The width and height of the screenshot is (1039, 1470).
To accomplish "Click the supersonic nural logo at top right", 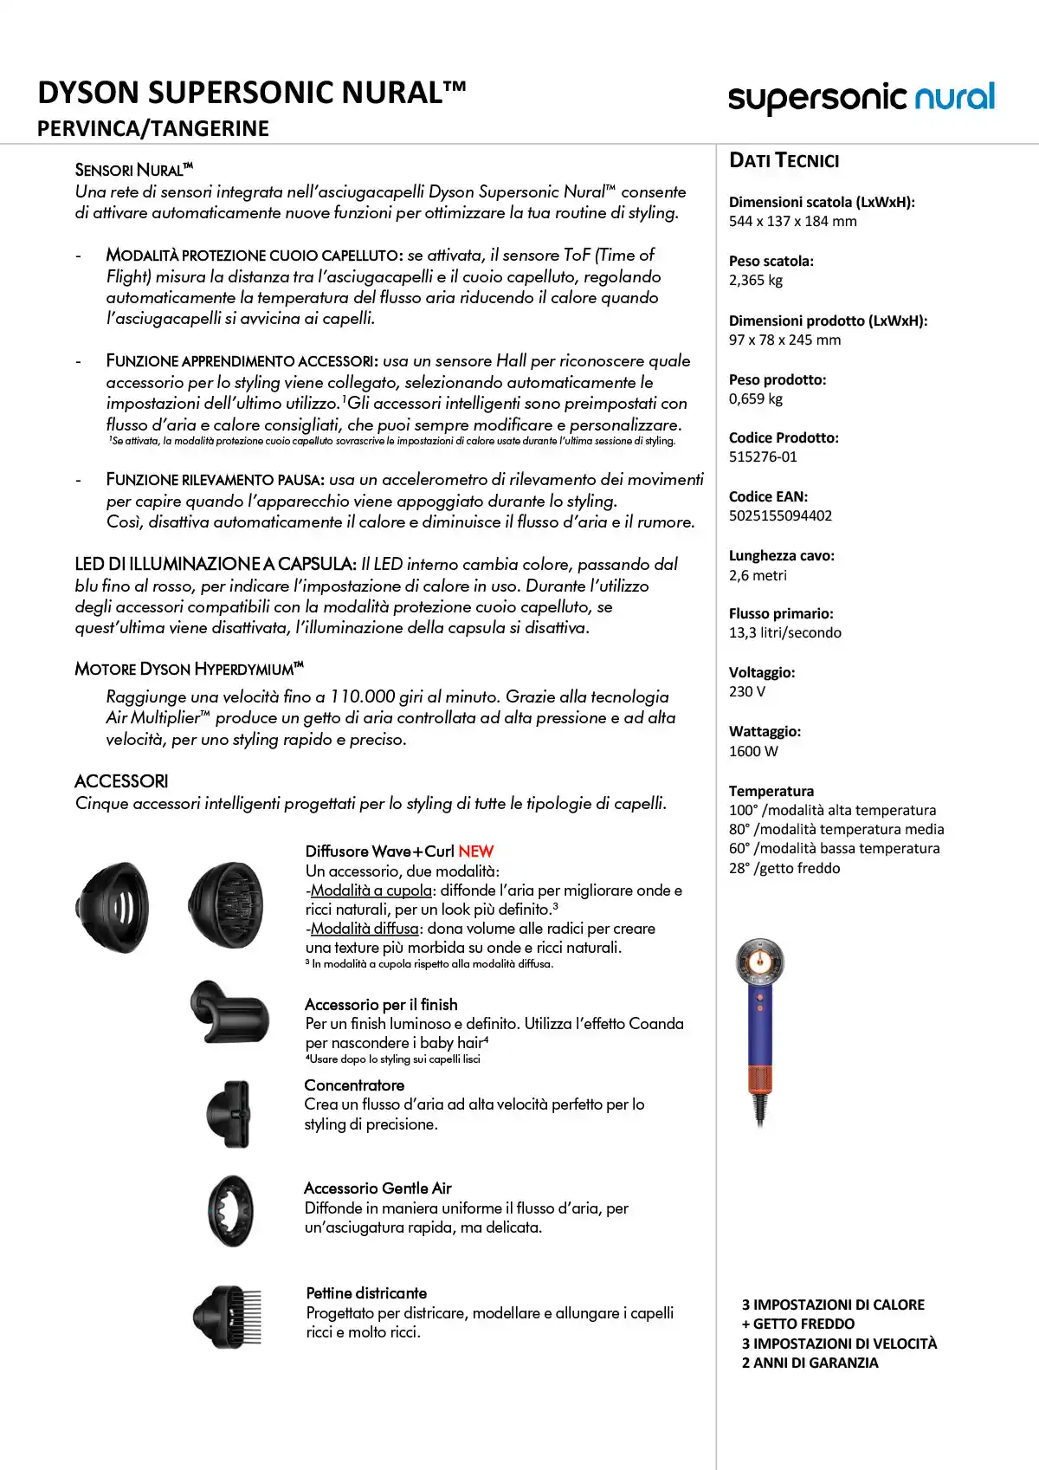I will (861, 98).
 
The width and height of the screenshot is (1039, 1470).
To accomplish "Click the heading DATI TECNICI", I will (784, 160).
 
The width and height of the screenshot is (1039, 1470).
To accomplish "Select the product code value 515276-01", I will (763, 457).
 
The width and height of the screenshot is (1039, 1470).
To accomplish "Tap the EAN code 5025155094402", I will (780, 515).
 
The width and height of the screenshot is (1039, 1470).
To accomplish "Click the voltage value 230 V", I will (747, 691).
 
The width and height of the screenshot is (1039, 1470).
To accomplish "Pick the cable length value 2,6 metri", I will (758, 575).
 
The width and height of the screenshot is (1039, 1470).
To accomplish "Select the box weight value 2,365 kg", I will (756, 280).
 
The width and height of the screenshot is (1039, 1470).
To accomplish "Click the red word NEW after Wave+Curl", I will (475, 852).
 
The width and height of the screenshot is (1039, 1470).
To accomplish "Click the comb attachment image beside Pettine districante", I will (227, 1317).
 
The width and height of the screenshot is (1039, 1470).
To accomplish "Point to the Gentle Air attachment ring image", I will (230, 1210).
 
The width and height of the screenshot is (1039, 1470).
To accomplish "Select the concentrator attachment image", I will (229, 1113).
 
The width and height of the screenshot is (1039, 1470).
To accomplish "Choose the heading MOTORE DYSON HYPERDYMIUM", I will (189, 669).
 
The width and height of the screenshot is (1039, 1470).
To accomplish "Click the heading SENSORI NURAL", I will (133, 170).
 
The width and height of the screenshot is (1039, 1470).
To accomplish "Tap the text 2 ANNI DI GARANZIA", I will (810, 1363).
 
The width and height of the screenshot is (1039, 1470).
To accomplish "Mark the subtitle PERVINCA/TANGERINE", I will (153, 129).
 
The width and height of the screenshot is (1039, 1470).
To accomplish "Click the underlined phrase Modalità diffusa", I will (365, 929).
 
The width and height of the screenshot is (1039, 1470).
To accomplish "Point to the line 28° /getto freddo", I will (784, 868).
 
